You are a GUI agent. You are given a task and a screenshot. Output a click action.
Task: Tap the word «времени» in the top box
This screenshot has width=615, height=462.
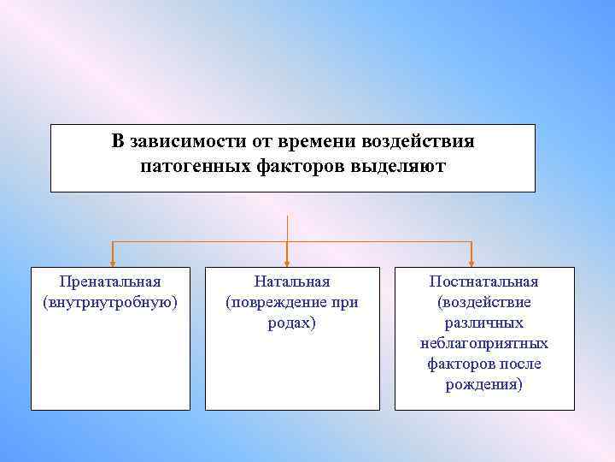click(307, 141)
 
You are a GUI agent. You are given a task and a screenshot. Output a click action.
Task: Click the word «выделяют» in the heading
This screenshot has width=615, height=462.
click(397, 165)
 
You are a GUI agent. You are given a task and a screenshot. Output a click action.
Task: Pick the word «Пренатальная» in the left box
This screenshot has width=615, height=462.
click(110, 281)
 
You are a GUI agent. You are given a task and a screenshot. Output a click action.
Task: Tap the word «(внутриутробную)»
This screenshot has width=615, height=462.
click(110, 302)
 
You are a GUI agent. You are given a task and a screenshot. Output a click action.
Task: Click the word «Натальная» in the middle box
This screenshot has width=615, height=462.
click(291, 281)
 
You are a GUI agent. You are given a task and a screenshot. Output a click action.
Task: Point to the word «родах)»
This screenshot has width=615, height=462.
click(291, 323)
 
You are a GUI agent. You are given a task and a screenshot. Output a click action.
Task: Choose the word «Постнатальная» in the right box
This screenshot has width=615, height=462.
click(483, 281)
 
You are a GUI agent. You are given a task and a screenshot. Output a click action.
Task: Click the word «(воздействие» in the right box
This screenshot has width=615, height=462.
click(483, 302)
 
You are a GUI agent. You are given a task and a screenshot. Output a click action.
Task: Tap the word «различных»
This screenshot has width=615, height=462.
click(483, 323)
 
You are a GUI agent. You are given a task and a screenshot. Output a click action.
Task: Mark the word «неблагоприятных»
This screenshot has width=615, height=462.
click(483, 343)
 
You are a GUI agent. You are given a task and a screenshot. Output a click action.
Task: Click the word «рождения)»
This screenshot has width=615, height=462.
click(483, 384)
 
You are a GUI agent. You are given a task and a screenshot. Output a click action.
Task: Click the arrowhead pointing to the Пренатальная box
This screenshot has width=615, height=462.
click(110, 262)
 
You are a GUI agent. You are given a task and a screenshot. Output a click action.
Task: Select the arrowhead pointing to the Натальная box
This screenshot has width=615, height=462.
click(288, 262)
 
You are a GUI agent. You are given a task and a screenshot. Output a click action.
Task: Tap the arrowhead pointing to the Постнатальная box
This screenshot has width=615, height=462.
click(472, 262)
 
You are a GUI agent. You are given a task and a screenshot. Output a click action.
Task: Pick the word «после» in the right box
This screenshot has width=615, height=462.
click(523, 364)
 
